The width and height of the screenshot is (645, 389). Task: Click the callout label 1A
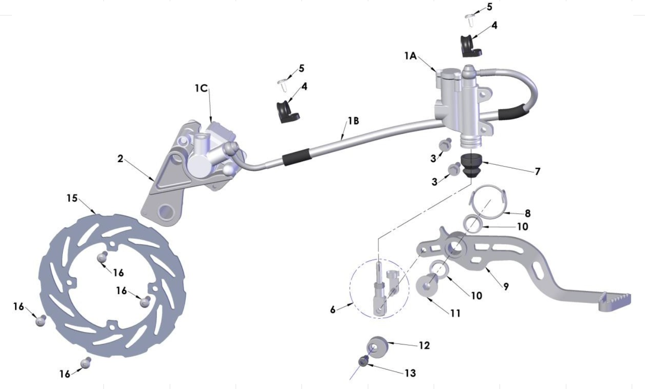pyautogui.click(x=410, y=56)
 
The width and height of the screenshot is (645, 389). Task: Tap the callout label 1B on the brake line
pyautogui.click(x=353, y=121)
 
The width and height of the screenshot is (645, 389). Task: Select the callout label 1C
pyautogui.click(x=201, y=88)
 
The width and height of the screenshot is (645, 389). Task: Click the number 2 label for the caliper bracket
pyautogui.click(x=120, y=159)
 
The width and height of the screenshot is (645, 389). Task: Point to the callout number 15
pyautogui.click(x=72, y=198)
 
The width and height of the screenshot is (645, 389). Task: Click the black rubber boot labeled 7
pyautogui.click(x=471, y=164)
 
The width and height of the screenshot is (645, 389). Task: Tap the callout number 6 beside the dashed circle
pyautogui.click(x=332, y=310)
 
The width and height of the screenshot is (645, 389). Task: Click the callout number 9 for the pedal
pyautogui.click(x=506, y=287)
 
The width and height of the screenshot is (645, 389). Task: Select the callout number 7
pyautogui.click(x=538, y=171)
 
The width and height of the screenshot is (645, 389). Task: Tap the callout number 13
pyautogui.click(x=410, y=373)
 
